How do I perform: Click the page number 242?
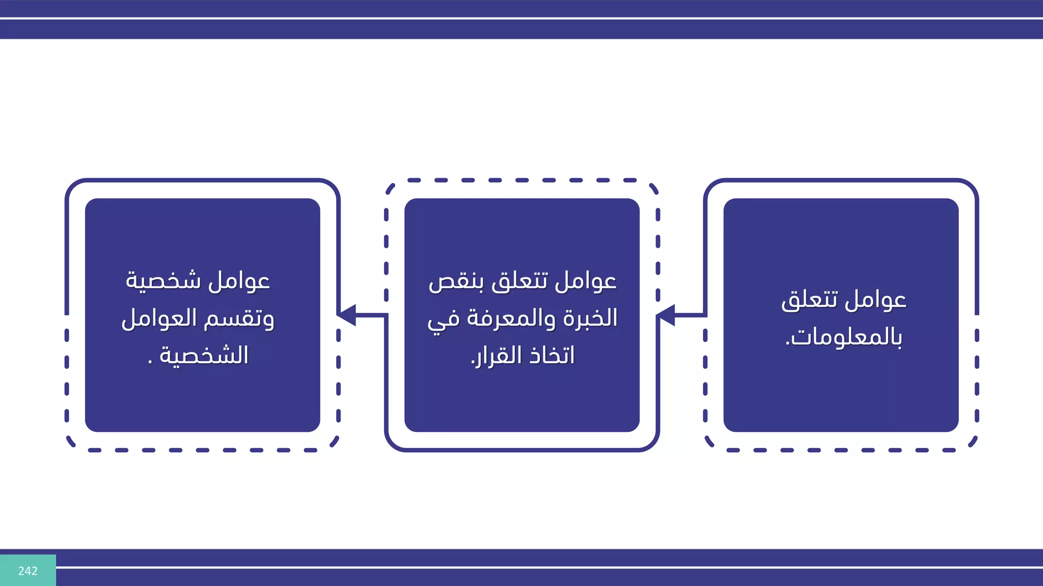(28, 571)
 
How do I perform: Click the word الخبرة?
(591, 318)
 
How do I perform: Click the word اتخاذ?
(552, 355)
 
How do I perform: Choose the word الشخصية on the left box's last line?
(204, 355)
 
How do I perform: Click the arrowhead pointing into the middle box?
(665, 315)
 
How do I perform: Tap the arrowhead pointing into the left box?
(346, 315)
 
